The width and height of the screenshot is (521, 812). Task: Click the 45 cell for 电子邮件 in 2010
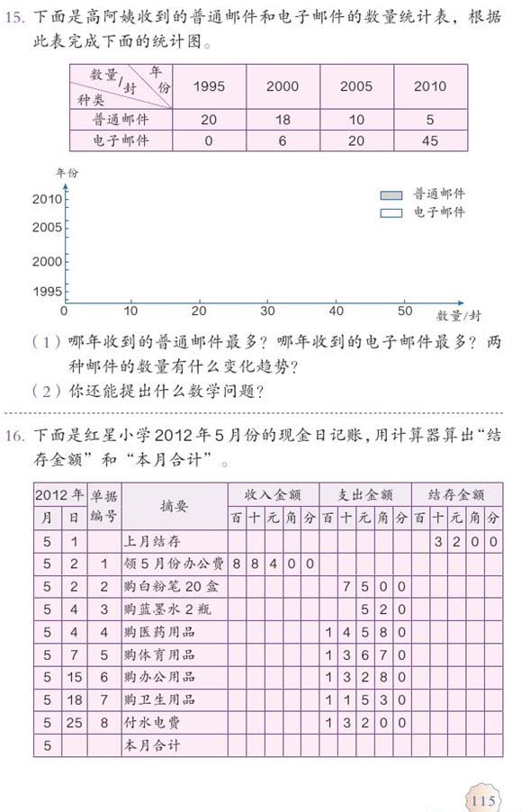click(x=429, y=141)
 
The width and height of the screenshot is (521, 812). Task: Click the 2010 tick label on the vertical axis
click(x=46, y=199)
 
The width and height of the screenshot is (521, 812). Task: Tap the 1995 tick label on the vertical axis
click(x=46, y=292)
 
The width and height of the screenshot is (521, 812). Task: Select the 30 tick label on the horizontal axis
click(x=267, y=311)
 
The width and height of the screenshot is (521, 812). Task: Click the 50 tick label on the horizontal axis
click(x=405, y=311)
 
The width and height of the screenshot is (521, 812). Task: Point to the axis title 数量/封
click(x=458, y=315)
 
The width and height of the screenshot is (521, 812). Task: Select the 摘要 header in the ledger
click(x=174, y=507)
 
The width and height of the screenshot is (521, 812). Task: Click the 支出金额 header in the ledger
click(x=364, y=494)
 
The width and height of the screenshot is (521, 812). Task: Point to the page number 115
click(x=481, y=800)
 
